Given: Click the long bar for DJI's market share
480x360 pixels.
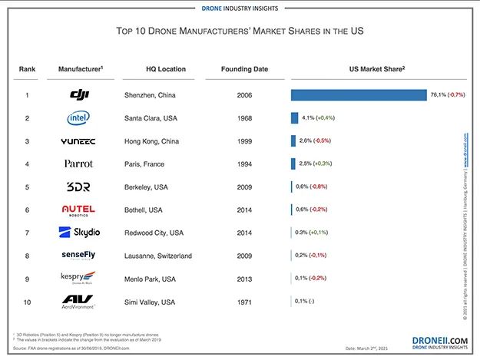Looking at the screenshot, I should click(359, 95).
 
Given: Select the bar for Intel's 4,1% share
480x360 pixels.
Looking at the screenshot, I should click(294, 118).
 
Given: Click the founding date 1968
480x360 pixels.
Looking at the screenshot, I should click(244, 118).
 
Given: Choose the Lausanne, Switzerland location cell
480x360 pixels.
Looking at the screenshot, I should click(158, 255).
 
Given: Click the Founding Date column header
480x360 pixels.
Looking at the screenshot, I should click(244, 69).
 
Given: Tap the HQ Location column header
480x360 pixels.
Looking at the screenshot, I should click(166, 69).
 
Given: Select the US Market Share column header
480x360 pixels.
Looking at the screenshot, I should click(377, 69).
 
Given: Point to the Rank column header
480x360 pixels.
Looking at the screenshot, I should click(27, 69).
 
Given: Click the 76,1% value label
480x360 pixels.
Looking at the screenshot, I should click(438, 95).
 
